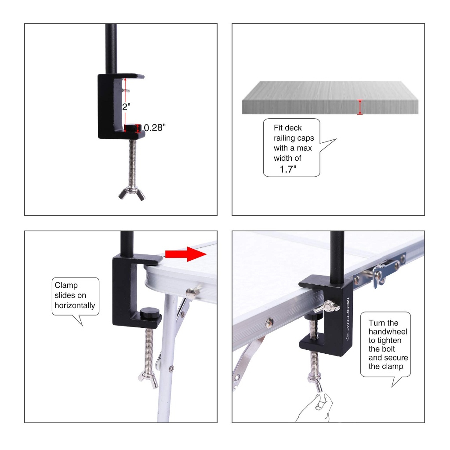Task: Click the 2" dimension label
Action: click(x=126, y=107)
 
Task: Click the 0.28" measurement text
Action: click(x=155, y=128)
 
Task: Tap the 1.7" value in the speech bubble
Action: click(x=288, y=169)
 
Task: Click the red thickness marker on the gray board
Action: click(x=360, y=107)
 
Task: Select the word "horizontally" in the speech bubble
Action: click(x=75, y=305)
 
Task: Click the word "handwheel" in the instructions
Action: click(x=388, y=332)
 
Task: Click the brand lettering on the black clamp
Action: click(x=347, y=318)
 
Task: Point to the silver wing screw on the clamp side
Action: click(x=327, y=306)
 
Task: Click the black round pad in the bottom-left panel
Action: click(x=150, y=312)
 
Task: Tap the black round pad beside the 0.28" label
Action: click(x=132, y=127)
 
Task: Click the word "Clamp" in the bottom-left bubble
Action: click(x=66, y=286)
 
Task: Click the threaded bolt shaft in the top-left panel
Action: click(x=132, y=163)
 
